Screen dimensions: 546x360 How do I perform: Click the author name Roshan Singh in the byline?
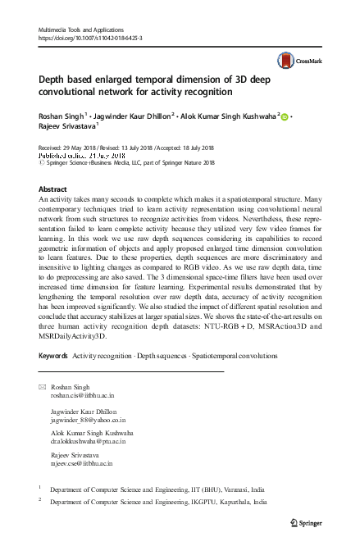62,116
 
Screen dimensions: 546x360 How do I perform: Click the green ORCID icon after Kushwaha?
285,117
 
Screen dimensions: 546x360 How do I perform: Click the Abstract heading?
52,189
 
